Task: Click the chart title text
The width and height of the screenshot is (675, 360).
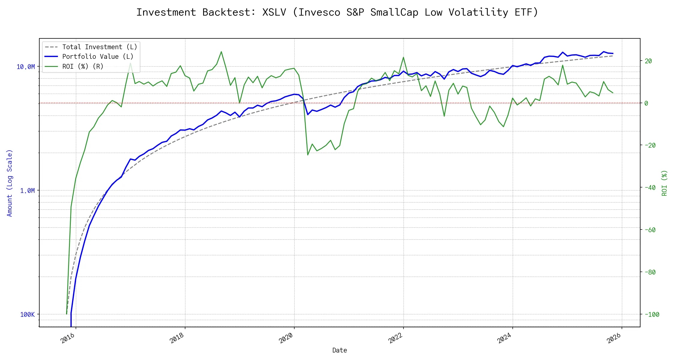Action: click(337, 12)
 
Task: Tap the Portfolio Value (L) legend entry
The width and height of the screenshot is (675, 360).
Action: click(98, 57)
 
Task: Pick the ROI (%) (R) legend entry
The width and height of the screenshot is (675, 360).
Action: click(83, 66)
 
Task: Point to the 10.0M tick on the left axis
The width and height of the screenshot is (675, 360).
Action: click(26, 67)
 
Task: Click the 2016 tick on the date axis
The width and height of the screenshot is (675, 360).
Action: click(68, 338)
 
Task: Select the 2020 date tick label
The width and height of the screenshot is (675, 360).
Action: click(286, 338)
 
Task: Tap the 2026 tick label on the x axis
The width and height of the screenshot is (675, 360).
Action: click(614, 338)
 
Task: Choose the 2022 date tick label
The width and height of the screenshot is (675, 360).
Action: click(395, 338)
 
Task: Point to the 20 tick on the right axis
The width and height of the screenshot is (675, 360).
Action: click(648, 61)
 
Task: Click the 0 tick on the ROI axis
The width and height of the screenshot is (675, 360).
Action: click(646, 103)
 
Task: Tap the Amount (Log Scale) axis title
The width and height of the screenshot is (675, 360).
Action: click(10, 183)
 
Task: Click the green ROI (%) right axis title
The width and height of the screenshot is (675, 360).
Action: click(664, 183)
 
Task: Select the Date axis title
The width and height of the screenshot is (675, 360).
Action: click(340, 350)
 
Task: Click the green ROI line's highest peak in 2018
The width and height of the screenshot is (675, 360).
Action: click(221, 52)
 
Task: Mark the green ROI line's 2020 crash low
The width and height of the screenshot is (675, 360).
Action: click(308, 155)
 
